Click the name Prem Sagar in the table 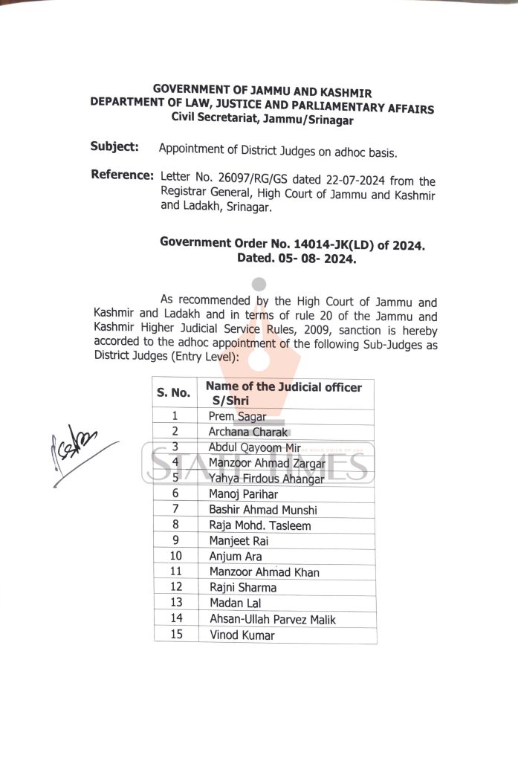(x=237, y=417)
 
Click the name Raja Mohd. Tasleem (x=260, y=525)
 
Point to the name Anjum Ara (x=236, y=556)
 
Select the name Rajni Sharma (x=242, y=587)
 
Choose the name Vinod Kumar (x=242, y=635)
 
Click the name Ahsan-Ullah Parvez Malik (x=268, y=618)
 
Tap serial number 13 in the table (x=175, y=603)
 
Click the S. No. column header (x=173, y=392)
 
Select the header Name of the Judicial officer (x=283, y=386)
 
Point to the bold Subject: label (x=114, y=146)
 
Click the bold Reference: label (x=122, y=175)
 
